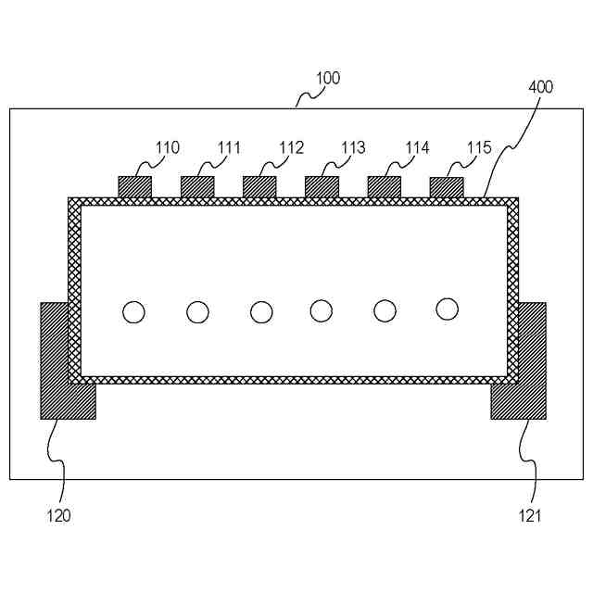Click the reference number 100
[x=328, y=79]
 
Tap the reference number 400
[x=541, y=87]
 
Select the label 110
[x=168, y=147]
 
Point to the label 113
[x=353, y=147]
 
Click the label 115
[x=479, y=147]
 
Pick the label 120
[x=58, y=516]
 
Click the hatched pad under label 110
[x=134, y=186]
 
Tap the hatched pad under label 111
[x=197, y=186]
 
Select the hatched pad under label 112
[x=259, y=186]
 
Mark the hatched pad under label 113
[x=322, y=186]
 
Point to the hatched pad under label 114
[x=385, y=186]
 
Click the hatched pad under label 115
[x=447, y=186]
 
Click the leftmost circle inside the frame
[x=133, y=312]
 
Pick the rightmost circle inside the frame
[x=448, y=309]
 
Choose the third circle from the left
[x=261, y=312]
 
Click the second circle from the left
[x=197, y=312]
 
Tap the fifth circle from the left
[x=385, y=311]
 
